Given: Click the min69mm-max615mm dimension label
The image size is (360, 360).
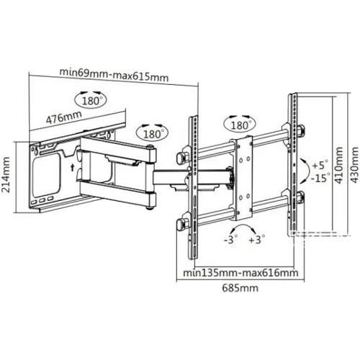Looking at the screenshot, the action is [x=114, y=74].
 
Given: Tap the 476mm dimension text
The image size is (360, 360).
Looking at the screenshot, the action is [x=64, y=117].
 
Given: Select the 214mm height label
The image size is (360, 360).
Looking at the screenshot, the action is [x=5, y=175].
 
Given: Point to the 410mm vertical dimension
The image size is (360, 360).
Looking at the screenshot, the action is [x=338, y=166].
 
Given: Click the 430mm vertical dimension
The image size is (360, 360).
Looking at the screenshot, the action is [x=354, y=166].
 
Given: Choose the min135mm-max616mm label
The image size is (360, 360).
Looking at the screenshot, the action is [x=240, y=273].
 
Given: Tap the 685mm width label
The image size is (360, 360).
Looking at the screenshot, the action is [x=240, y=288].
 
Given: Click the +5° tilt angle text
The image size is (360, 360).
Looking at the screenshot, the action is [x=320, y=165].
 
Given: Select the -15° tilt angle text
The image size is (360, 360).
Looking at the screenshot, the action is [x=320, y=178].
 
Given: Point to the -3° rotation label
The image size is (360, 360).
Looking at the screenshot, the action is [x=230, y=239].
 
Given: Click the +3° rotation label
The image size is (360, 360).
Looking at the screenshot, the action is [x=257, y=239].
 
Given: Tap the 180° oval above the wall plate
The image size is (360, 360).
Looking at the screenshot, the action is [x=91, y=100].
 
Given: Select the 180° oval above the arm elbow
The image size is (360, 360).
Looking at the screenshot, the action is [x=152, y=133].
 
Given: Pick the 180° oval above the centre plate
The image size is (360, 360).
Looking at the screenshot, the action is [x=240, y=125].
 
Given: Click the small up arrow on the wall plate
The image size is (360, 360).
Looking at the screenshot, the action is [x=73, y=167].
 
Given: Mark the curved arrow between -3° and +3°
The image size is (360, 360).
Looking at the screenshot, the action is [x=243, y=225].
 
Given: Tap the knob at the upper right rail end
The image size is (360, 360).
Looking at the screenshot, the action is [x=301, y=130].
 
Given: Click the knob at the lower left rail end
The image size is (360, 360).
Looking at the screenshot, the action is [x=181, y=225].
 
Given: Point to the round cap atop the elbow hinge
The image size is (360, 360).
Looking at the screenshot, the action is [x=150, y=147].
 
